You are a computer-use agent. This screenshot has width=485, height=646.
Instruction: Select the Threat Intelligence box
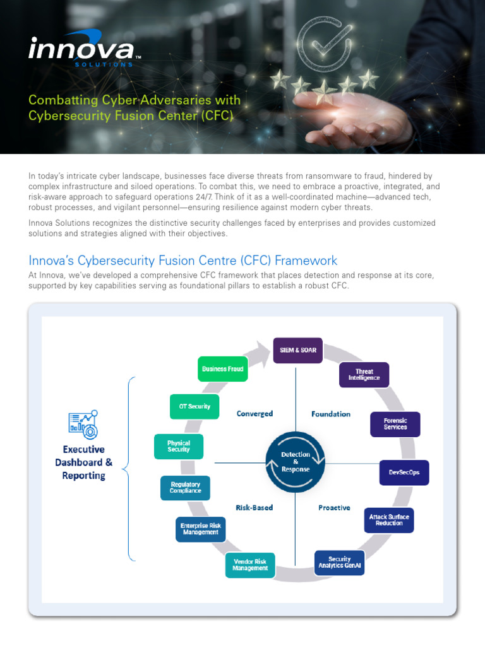coord(364,375)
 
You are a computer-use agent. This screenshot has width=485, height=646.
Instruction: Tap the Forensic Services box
coord(395,424)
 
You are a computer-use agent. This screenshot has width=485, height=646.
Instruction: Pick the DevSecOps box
coord(404,472)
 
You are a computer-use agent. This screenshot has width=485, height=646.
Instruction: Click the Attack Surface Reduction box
coord(389,520)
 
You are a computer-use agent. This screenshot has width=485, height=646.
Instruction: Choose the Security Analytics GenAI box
coord(340,562)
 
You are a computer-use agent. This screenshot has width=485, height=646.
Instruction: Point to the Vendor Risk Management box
coord(250,565)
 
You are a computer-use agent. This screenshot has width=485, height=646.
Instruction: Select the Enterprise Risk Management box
coord(200,529)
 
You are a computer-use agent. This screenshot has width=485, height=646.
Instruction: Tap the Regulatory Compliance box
coord(185,488)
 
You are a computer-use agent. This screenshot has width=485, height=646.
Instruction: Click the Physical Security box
coord(179,446)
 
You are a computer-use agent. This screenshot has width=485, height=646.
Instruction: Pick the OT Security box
coord(195,406)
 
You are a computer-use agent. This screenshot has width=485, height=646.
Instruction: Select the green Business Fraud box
coord(222,368)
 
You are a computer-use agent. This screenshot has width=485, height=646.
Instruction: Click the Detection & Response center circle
coord(295,462)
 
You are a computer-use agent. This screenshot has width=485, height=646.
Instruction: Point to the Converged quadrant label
coord(254,414)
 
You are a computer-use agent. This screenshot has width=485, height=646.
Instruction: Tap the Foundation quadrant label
coord(331,414)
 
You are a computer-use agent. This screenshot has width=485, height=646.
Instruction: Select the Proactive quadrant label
coord(334,507)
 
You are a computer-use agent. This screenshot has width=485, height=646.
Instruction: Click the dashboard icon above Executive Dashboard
coord(83,425)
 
